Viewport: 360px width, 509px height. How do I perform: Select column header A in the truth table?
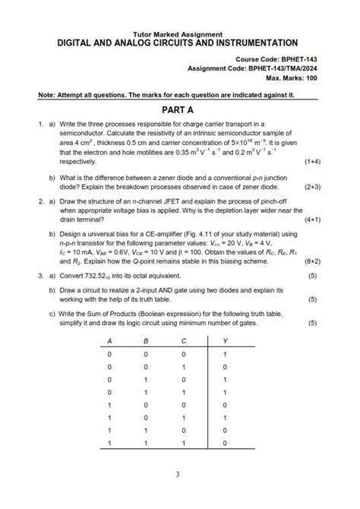tap(109, 341)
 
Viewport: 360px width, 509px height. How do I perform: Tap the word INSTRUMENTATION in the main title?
tap(252, 43)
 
